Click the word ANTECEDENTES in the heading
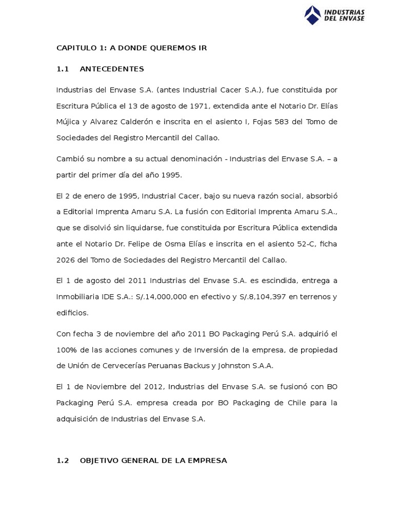click(x=112, y=69)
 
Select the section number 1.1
click(x=62, y=69)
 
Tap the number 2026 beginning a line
click(x=65, y=260)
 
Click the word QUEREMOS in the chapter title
click(x=161, y=48)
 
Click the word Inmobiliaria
click(x=78, y=297)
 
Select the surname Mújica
click(x=68, y=122)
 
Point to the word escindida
click(x=283, y=281)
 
